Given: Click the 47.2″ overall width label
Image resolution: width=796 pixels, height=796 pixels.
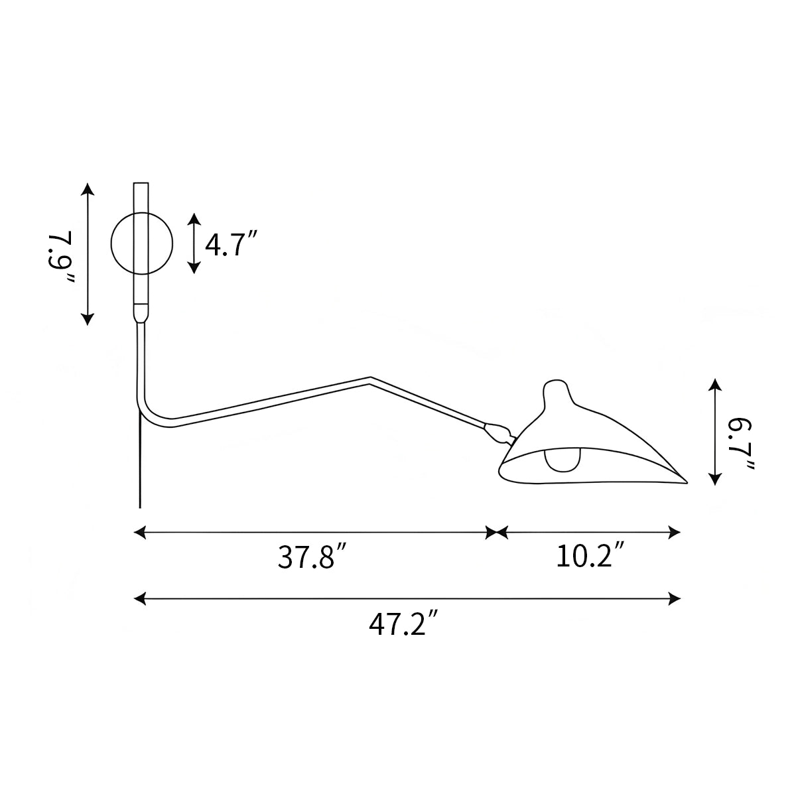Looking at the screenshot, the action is point(403,624).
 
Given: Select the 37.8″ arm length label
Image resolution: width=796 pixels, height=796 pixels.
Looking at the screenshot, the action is point(312,557).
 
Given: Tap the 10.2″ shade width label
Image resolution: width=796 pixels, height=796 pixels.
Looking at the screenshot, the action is point(590,556).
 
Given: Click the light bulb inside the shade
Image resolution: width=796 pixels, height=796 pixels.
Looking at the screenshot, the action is point(563,460).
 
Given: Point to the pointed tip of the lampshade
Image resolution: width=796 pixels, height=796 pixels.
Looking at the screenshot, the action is point(687,482).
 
